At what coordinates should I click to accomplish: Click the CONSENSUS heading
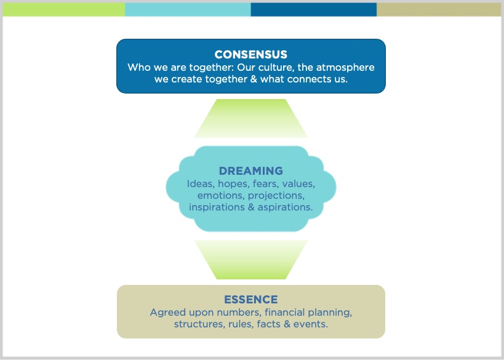click(x=250, y=54)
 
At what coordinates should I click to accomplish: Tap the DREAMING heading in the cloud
click(x=250, y=170)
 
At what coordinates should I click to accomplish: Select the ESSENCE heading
click(x=250, y=300)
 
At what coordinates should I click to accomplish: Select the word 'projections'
click(x=276, y=196)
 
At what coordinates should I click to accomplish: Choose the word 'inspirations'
click(x=217, y=207)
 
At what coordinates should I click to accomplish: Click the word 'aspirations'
click(x=285, y=207)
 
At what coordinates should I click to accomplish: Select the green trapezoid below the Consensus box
click(x=250, y=118)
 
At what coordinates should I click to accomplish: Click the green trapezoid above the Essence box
click(x=250, y=260)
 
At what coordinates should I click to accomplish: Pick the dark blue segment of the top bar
click(x=313, y=9)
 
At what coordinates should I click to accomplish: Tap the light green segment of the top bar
click(x=63, y=9)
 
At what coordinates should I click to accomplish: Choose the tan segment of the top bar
click(x=439, y=9)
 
